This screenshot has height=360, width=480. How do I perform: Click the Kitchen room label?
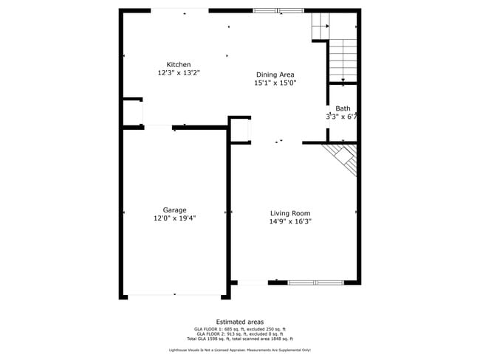(x=178, y=65)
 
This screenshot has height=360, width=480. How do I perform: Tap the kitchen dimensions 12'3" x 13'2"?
(x=178, y=73)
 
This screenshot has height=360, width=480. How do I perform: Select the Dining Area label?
(x=275, y=75)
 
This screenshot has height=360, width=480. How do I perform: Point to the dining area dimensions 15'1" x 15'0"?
(x=275, y=83)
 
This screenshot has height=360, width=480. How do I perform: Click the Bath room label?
(x=343, y=108)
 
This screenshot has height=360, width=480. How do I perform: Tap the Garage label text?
(x=174, y=210)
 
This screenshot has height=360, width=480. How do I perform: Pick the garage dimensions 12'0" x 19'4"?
(x=174, y=218)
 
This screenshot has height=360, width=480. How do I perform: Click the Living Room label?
(x=289, y=212)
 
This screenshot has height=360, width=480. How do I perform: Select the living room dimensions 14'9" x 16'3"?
(x=289, y=221)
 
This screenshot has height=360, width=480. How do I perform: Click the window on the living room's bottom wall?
(x=315, y=282)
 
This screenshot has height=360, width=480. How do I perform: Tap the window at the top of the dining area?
(x=278, y=11)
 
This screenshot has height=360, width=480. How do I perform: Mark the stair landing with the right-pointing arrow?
(x=319, y=27)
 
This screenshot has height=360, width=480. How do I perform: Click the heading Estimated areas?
(x=239, y=322)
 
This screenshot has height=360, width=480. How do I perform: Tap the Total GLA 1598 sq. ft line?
(x=239, y=338)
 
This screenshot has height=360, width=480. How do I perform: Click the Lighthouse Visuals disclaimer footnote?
(x=239, y=350)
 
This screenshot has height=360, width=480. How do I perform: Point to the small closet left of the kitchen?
(x=132, y=113)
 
